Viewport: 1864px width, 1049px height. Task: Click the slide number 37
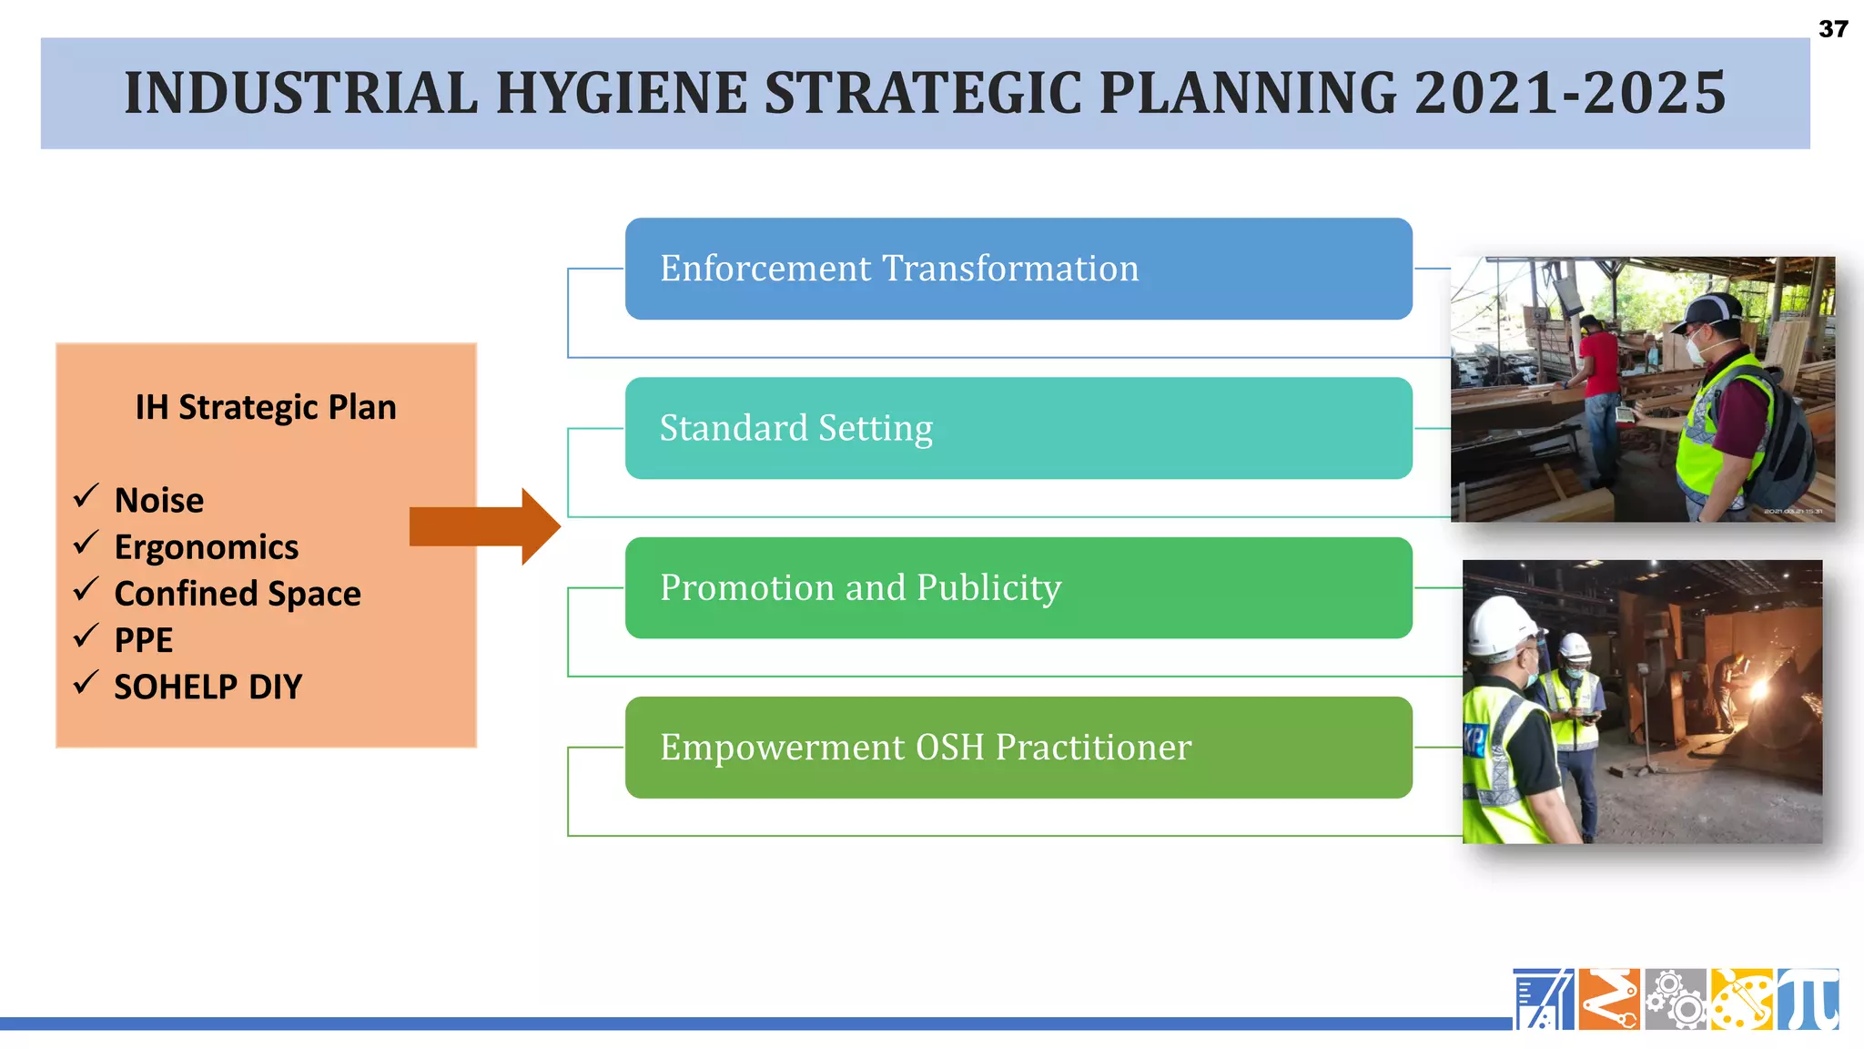[1832, 29]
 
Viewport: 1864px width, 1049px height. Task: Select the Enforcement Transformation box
[1018, 269]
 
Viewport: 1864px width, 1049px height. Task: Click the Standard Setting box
[1018, 428]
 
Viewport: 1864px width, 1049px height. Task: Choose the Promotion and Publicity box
[1018, 587]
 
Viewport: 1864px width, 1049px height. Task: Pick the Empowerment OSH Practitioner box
[1018, 747]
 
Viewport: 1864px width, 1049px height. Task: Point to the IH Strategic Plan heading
[266, 407]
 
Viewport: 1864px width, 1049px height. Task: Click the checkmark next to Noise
[86, 496]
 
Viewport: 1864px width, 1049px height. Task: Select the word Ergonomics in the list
[207, 547]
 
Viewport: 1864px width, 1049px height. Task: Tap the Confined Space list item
[238, 594]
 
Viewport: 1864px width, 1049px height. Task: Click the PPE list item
[144, 640]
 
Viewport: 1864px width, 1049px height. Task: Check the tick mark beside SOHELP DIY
[86, 682]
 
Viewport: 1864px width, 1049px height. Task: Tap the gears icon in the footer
[1676, 999]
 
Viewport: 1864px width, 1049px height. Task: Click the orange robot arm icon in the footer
[1609, 999]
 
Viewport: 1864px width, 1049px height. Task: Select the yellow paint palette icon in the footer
[1741, 999]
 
